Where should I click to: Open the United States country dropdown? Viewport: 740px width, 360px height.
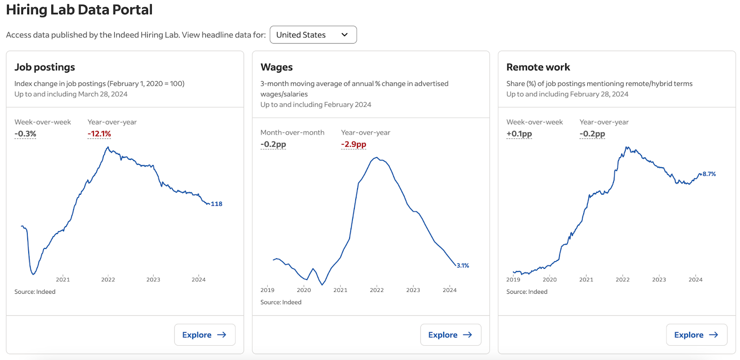(313, 35)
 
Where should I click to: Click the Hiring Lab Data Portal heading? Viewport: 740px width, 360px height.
(79, 10)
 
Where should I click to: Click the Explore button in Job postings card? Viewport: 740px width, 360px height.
(204, 335)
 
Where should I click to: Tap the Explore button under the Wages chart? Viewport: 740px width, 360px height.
(450, 335)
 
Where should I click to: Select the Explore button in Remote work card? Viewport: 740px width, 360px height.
(696, 335)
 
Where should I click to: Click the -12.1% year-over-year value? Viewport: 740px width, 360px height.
(99, 134)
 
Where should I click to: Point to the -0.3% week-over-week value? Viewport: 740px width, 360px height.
(25, 134)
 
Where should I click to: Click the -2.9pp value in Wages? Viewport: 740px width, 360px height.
(353, 144)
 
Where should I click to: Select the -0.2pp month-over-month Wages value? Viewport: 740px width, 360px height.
(273, 144)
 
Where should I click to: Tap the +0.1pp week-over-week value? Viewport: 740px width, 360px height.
(519, 134)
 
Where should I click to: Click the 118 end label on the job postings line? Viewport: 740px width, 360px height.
(216, 204)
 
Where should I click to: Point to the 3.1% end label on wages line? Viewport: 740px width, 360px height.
(462, 266)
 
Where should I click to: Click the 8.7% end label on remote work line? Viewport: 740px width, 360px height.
(709, 174)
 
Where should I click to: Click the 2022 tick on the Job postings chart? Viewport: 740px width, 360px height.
(108, 279)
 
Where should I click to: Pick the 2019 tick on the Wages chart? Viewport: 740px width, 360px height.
(267, 290)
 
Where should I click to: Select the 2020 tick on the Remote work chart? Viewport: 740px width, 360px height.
(549, 279)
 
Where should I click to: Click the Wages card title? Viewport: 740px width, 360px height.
(277, 67)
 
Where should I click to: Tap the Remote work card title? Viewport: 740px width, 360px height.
(538, 67)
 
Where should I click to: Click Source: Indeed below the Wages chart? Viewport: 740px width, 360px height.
(281, 302)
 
